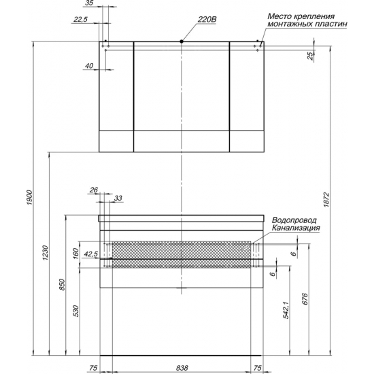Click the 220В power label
coord(207,19)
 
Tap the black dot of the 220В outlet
coord(182,41)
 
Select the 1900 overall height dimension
coord(29,197)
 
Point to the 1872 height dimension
coord(326,200)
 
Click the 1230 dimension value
coord(46,252)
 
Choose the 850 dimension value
coord(62,284)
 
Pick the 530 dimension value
coord(76,311)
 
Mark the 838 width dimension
coord(182,368)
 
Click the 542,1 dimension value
coord(286,310)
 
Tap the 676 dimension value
coord(305,299)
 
